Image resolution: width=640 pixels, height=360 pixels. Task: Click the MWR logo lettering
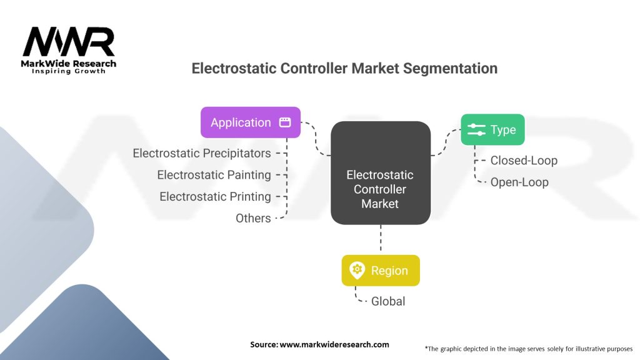[69, 42]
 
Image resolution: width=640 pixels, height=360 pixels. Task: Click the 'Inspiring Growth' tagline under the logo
[69, 71]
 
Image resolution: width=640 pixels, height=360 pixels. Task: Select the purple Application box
[250, 122]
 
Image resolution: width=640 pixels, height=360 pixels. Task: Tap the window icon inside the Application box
[285, 122]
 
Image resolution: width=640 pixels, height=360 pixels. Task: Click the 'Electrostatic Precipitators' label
[202, 153]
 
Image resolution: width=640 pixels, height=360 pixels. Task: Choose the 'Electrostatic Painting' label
[214, 175]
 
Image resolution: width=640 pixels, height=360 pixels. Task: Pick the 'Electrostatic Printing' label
[215, 196]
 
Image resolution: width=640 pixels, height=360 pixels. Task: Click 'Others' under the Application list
[253, 218]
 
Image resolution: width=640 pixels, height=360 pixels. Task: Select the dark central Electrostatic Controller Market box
[380, 173]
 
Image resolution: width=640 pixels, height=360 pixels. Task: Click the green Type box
[492, 129]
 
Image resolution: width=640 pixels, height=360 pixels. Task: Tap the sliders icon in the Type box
[476, 129]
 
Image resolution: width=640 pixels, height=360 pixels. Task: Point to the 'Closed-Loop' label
[523, 161]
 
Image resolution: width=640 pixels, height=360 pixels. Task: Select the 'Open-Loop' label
[519, 182]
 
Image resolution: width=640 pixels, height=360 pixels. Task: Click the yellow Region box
[380, 271]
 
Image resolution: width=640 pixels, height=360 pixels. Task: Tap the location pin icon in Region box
[357, 271]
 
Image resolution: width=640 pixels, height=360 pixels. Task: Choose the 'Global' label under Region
[387, 301]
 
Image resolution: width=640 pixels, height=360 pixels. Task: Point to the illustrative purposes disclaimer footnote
[528, 348]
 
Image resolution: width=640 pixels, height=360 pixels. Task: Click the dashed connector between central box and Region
[380, 239]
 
